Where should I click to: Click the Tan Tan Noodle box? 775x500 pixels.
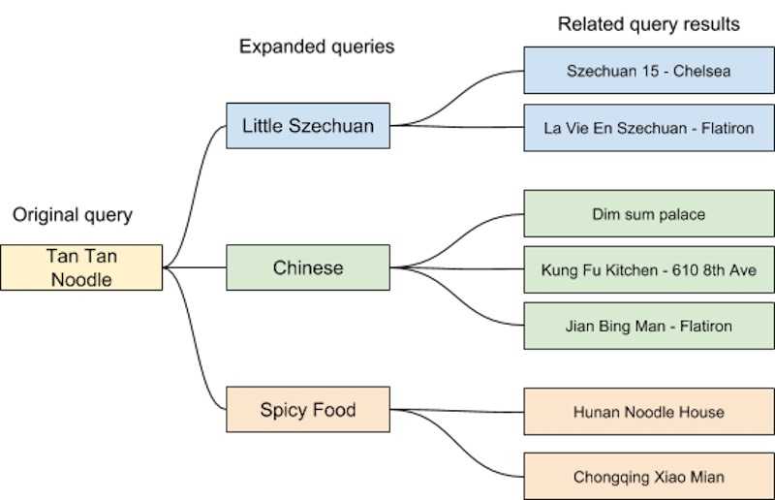tap(81, 267)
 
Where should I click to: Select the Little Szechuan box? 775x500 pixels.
tap(308, 126)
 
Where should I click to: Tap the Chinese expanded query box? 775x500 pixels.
tap(308, 267)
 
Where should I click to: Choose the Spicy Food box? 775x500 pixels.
tap(308, 410)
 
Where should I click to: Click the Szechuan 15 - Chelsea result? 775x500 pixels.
tap(649, 71)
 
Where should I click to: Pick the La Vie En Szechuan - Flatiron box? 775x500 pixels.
tap(649, 128)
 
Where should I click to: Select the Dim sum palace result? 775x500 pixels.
tap(649, 213)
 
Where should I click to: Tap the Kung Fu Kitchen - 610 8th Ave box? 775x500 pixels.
tap(649, 270)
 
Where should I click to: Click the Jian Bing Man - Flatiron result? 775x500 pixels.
tap(649, 326)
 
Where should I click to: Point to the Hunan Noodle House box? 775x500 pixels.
tap(649, 412)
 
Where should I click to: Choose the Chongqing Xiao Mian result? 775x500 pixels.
tap(649, 477)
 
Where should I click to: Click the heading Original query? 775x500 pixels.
tap(73, 215)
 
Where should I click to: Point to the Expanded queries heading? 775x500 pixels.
tap(317, 47)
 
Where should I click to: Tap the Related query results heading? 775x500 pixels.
tap(648, 24)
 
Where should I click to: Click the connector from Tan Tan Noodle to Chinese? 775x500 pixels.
tap(195, 267)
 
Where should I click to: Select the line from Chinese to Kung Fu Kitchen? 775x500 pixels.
tap(457, 269)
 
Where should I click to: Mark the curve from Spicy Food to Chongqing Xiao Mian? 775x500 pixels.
tap(457, 442)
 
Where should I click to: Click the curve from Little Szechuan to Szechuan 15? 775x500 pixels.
tap(457, 97)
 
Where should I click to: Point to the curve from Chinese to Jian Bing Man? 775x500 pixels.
tap(457, 297)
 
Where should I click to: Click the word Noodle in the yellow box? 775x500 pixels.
tap(81, 279)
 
